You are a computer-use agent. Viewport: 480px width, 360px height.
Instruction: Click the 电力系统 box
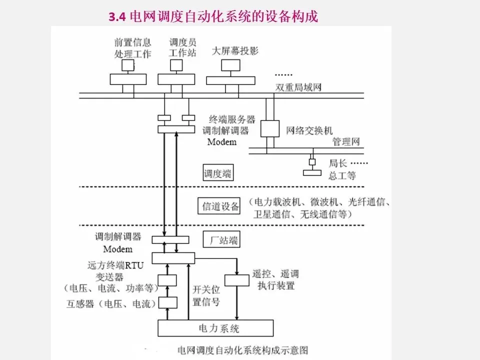[215, 328]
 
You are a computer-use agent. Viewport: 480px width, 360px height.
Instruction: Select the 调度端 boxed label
[218, 174]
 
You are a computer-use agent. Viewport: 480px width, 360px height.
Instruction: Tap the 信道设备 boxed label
[220, 206]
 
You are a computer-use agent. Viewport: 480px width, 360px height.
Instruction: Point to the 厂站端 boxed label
[221, 240]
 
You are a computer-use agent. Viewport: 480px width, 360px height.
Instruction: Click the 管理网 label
[346, 141]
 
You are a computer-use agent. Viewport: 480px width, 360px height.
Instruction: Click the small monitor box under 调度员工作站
[176, 65]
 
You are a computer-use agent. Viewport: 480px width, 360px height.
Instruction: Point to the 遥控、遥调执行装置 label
[275, 280]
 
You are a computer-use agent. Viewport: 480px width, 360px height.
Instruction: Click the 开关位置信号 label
[206, 296]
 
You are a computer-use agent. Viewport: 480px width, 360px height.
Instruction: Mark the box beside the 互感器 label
[168, 302]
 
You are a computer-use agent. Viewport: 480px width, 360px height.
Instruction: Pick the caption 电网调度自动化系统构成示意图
[242, 348]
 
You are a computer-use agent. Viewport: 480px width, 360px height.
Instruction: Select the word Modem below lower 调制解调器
[118, 248]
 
